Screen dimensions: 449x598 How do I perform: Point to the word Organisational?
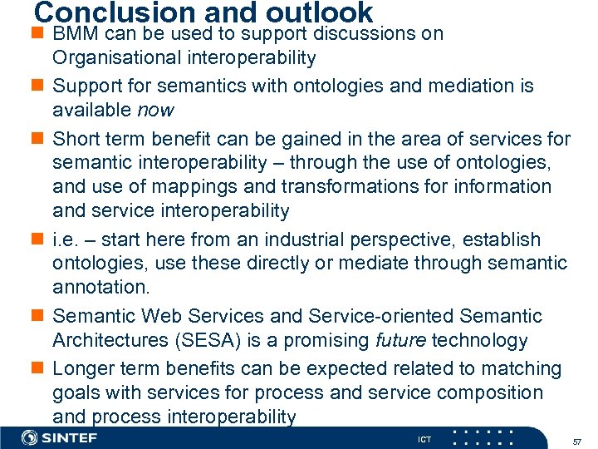click(x=116, y=58)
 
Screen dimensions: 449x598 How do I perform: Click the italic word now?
click(x=154, y=110)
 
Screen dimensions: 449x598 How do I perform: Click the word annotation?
click(x=100, y=289)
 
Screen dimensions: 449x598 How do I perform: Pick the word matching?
click(x=516, y=368)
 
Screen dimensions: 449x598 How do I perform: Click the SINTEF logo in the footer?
click(x=60, y=437)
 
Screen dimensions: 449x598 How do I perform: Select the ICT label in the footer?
click(x=424, y=438)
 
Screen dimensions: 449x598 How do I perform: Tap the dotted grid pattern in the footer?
click(x=484, y=437)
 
